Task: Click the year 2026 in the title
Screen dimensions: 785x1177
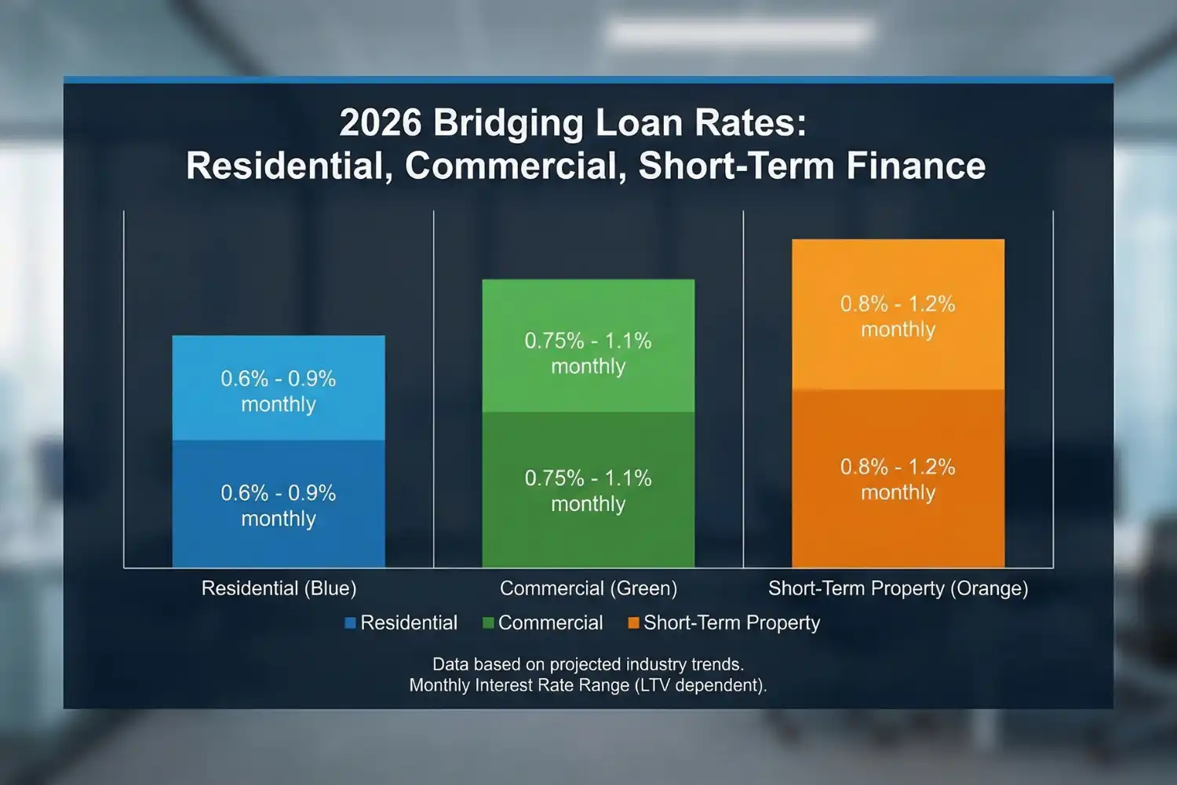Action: pyautogui.click(x=380, y=123)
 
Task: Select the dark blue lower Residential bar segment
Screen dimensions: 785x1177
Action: pyautogui.click(x=279, y=542)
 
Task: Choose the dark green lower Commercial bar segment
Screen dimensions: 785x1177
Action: pyautogui.click(x=588, y=534)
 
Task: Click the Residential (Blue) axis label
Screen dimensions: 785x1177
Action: pyautogui.click(x=279, y=588)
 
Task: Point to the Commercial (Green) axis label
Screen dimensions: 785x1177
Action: pyautogui.click(x=588, y=588)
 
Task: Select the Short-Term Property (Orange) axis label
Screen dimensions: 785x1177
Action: pyautogui.click(x=898, y=588)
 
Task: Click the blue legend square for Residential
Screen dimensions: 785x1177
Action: pyautogui.click(x=350, y=623)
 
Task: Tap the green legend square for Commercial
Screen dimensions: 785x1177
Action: pyautogui.click(x=488, y=623)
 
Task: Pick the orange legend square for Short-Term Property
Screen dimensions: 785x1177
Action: pyautogui.click(x=633, y=623)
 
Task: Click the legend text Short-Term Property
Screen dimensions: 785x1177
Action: pyautogui.click(x=731, y=623)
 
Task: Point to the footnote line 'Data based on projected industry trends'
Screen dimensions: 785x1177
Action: pyautogui.click(x=588, y=664)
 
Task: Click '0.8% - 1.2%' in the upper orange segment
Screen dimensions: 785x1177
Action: pyautogui.click(x=898, y=304)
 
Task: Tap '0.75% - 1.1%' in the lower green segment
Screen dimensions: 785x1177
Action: pyautogui.click(x=588, y=478)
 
